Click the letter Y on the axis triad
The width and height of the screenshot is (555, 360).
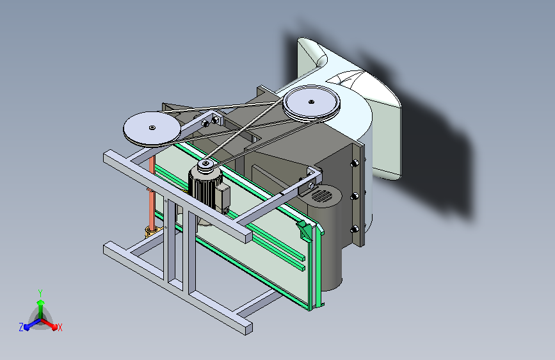[40, 293]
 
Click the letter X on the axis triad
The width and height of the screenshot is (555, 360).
[60, 327]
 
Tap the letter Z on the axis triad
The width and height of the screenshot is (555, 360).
[21, 327]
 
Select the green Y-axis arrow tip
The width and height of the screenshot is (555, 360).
[41, 302]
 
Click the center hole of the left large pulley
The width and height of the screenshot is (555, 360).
[152, 127]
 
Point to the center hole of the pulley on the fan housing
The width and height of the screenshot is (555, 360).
[311, 102]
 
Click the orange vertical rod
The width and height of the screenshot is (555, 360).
[152, 193]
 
